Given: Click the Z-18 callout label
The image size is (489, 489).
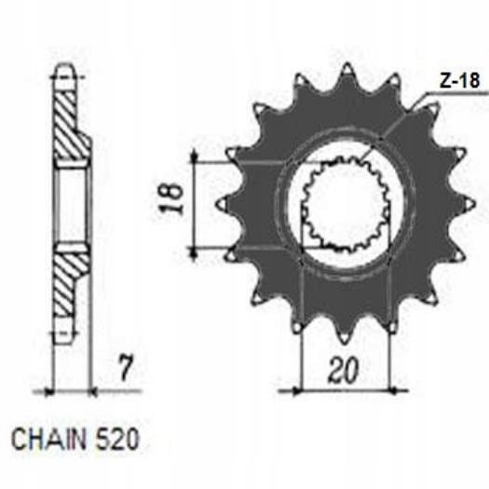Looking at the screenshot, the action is coord(459,80).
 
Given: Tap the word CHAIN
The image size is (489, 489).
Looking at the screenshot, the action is coord(48,440).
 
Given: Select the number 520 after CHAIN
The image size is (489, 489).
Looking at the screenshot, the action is coord(116,440).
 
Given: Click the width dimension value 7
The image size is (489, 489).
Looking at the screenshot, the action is coord(127,368).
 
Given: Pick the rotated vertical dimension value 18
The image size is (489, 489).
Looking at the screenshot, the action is coord(170,199).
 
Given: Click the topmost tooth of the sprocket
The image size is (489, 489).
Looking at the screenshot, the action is coord(347,75).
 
